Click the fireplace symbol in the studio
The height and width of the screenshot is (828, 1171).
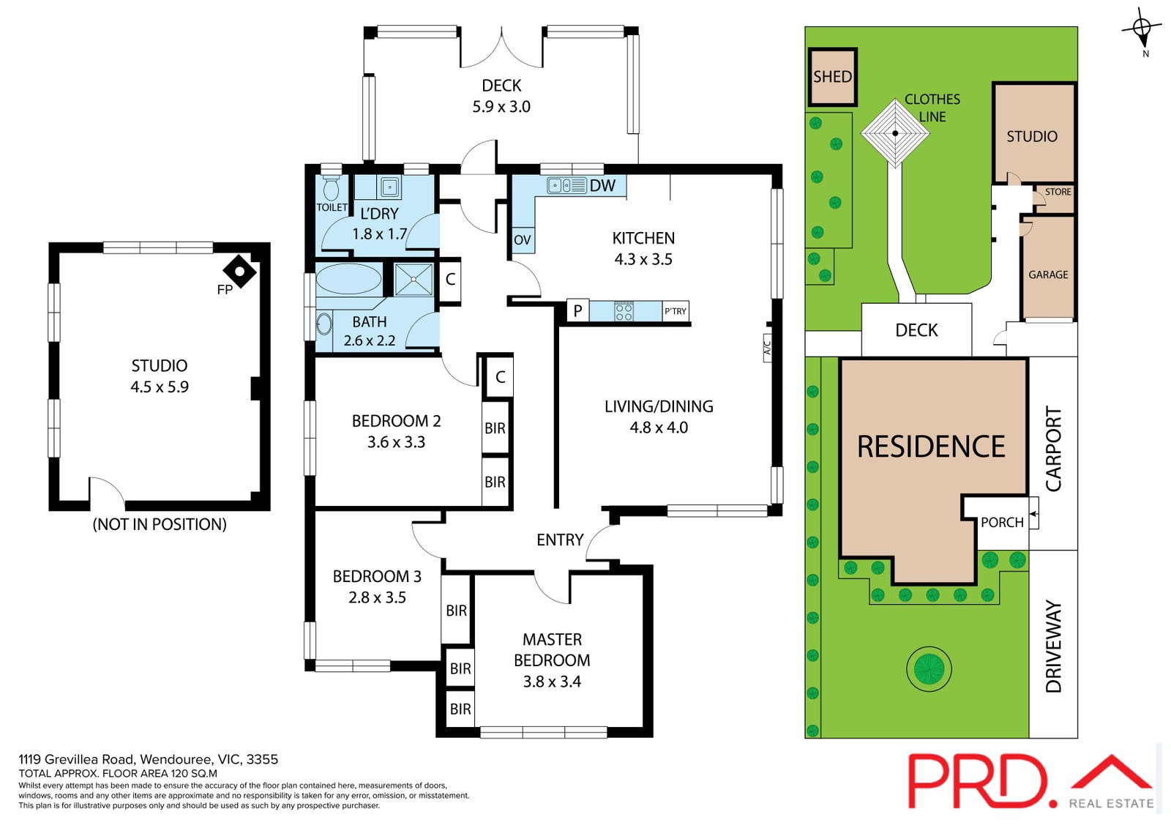click(x=239, y=272)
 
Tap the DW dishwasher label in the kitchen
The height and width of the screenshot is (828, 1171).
click(x=602, y=185)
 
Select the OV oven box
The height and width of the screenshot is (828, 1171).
click(x=523, y=240)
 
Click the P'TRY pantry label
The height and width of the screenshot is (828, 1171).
click(x=675, y=311)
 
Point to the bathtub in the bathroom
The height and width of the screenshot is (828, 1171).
click(x=348, y=279)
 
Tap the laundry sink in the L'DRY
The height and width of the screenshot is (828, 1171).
click(x=389, y=187)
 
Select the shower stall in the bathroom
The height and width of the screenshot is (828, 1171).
click(x=414, y=280)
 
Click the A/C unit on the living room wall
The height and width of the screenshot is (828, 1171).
click(x=767, y=347)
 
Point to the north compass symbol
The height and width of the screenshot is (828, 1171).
click(x=1141, y=30)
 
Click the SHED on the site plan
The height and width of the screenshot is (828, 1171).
click(x=832, y=77)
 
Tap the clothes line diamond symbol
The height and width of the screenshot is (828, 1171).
click(x=895, y=133)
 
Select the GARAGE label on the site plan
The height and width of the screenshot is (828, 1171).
click(x=1047, y=275)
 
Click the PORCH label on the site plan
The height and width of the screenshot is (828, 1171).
click(x=1002, y=522)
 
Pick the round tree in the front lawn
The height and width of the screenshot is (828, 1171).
click(x=929, y=668)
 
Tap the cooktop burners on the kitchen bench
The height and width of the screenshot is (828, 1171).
click(x=624, y=312)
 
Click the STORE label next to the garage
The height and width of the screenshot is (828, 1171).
click(x=1058, y=192)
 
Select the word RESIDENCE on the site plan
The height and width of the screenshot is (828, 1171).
click(x=930, y=447)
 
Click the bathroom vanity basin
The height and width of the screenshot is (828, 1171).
click(x=324, y=324)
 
